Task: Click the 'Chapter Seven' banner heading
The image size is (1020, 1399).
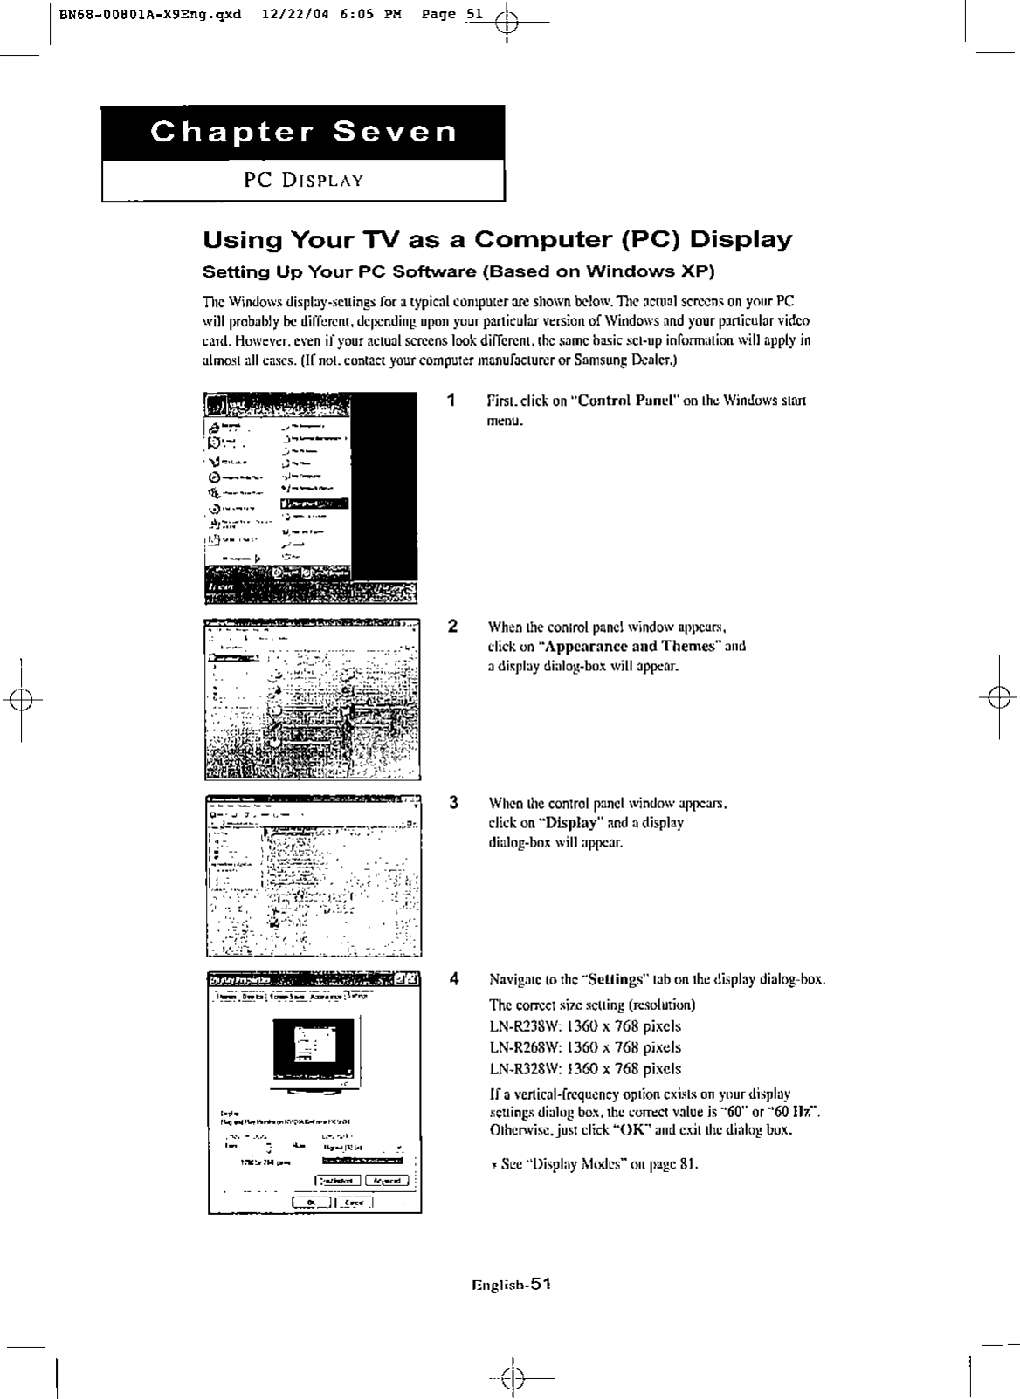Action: (x=303, y=133)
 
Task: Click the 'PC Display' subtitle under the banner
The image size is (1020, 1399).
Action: (x=303, y=181)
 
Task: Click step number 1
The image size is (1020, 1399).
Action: (x=450, y=401)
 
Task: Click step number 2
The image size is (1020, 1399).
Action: (x=451, y=626)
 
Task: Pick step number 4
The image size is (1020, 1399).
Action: (x=454, y=978)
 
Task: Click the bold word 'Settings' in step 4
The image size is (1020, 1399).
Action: (x=614, y=979)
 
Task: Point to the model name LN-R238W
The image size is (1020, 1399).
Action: (x=521, y=1027)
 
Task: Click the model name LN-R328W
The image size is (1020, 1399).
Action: (x=521, y=1069)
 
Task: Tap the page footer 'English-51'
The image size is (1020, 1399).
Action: (x=511, y=1284)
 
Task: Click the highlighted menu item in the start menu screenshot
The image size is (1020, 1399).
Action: (x=314, y=504)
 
